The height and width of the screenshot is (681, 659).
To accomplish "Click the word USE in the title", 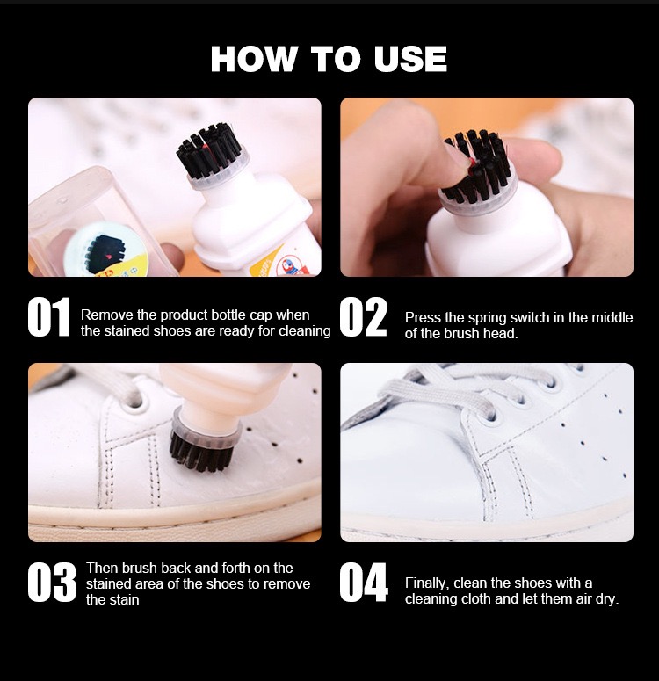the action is coord(410,59).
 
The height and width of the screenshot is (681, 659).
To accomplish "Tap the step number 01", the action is coord(48,317).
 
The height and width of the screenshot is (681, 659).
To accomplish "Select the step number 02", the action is coord(363,317).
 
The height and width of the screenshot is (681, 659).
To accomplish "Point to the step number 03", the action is coord(52,583).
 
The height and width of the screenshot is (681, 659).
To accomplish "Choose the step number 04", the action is coord(364,583).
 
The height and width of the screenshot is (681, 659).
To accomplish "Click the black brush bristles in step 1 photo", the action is coord(208,150).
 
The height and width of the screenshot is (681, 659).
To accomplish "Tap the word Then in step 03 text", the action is coord(102,568).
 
